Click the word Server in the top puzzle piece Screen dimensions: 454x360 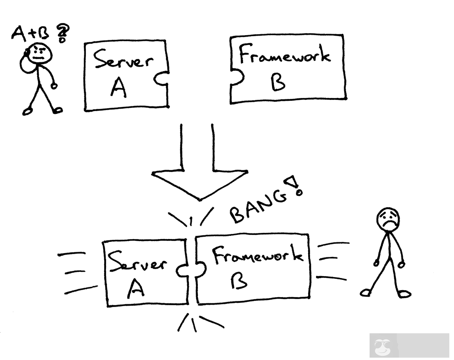tap(123, 60)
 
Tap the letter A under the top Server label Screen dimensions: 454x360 tap(119, 88)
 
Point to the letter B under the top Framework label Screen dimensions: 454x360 tap(278, 82)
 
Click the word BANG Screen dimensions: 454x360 tap(257, 206)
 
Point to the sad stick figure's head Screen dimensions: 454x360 tap(388, 219)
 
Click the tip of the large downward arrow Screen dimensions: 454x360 tap(200, 200)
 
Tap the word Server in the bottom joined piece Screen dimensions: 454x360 tap(137, 262)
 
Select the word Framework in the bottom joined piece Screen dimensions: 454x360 tap(257, 255)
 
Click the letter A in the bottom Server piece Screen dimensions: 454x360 tap(136, 289)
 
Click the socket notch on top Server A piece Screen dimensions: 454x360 tap(161, 79)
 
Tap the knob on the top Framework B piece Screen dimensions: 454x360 tap(237, 77)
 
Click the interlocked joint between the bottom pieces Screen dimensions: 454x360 tap(191, 270)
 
